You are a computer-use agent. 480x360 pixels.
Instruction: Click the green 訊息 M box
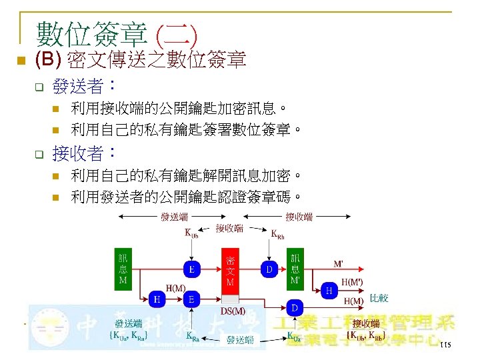pyautogui.click(x=123, y=268)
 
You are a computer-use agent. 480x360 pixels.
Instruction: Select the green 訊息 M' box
pyautogui.click(x=295, y=268)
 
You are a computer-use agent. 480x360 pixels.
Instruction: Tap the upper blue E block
pyautogui.click(x=192, y=269)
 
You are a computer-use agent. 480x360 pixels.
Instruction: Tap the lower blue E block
pyautogui.click(x=192, y=299)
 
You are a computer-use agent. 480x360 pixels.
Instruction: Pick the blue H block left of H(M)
pyautogui.click(x=157, y=299)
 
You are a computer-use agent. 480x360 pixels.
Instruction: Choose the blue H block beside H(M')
pyautogui.click(x=328, y=290)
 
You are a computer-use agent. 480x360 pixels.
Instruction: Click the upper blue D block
pyautogui.click(x=269, y=269)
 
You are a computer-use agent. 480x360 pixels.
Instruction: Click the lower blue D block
pyautogui.click(x=295, y=307)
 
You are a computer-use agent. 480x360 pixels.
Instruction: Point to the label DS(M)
pyautogui.click(x=232, y=311)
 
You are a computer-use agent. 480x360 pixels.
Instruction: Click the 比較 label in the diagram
pyautogui.click(x=379, y=298)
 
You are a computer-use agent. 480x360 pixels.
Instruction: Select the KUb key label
pyautogui.click(x=191, y=234)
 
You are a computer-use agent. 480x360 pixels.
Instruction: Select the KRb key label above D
pyautogui.click(x=277, y=234)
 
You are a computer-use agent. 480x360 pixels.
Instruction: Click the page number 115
pyautogui.click(x=446, y=345)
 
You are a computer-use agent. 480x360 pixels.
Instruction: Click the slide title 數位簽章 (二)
pyautogui.click(x=117, y=32)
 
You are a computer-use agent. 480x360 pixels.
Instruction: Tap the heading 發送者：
pyautogui.click(x=85, y=86)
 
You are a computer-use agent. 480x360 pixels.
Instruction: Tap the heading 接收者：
pyautogui.click(x=85, y=155)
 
